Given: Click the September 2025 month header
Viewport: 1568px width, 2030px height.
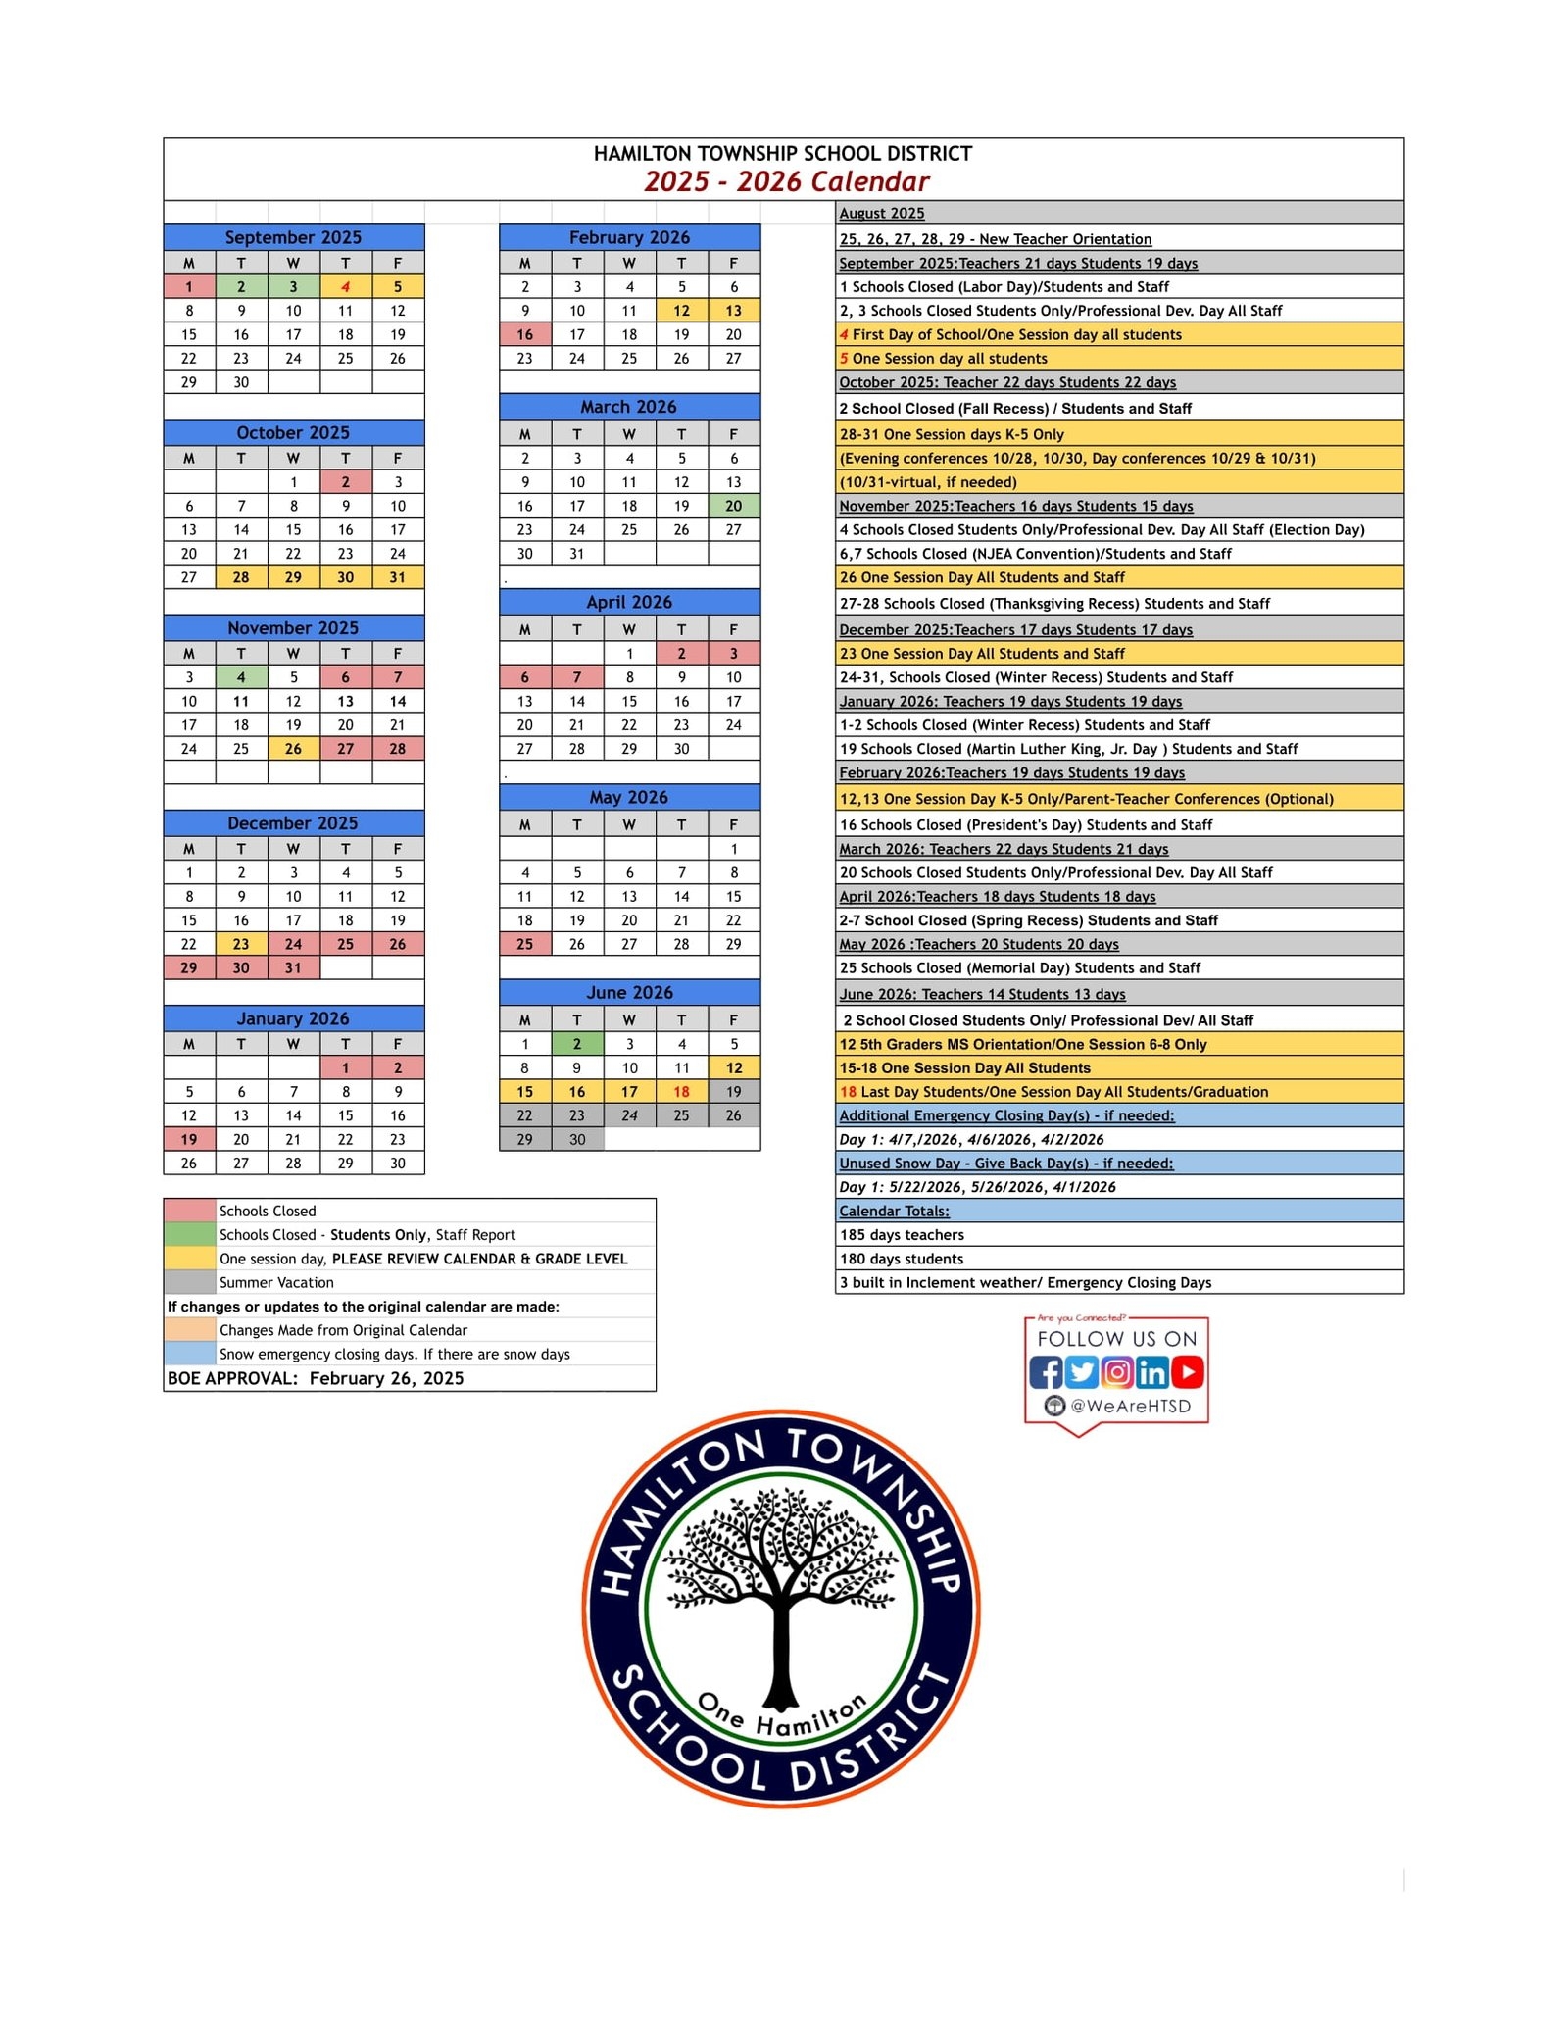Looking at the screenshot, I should [293, 237].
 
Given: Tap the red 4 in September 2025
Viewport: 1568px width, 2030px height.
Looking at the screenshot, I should [345, 287].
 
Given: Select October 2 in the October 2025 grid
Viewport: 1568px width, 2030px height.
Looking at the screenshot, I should [345, 482].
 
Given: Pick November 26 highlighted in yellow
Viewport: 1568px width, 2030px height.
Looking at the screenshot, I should [293, 749].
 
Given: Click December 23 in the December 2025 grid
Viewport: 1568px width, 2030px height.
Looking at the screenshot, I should [241, 944].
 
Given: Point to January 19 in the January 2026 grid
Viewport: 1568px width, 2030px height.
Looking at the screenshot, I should [189, 1139].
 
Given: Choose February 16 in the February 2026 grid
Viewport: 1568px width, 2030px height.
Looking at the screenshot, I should [525, 334].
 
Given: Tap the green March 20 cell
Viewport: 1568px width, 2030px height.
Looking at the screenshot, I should [733, 506].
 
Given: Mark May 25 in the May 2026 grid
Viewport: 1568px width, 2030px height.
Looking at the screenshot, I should [525, 944].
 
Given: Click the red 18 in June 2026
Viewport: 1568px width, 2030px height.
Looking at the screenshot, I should [681, 1092].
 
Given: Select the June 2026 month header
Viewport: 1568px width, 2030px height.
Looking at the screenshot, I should [629, 993].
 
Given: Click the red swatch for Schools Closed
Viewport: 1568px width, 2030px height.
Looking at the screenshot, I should [189, 1211].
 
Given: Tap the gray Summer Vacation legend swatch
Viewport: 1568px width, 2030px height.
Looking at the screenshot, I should [189, 1282].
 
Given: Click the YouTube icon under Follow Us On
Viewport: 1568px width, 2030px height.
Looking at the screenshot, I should [1187, 1372].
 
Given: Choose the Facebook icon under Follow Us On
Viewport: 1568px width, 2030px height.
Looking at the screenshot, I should [1046, 1372].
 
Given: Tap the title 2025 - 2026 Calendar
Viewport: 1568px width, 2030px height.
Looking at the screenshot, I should [786, 182].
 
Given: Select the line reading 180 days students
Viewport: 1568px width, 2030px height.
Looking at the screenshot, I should [902, 1259].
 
